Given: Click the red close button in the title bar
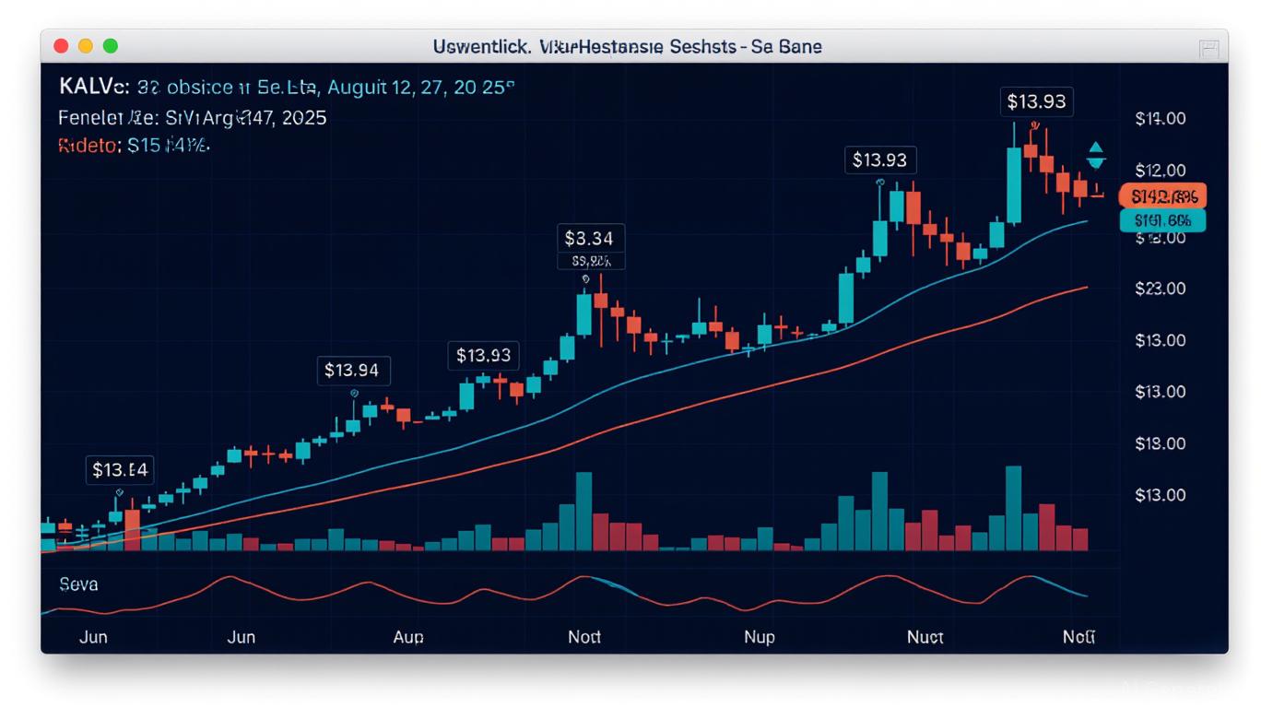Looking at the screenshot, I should point(62,46).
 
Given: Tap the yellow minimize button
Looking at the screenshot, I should point(86,46).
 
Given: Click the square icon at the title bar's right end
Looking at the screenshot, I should point(1208,48).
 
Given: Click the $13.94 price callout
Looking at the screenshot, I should point(352,371).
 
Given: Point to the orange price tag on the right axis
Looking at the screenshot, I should point(1162,195).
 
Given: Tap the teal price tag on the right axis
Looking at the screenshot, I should point(1162,220).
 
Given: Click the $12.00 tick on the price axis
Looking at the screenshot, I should point(1160,171).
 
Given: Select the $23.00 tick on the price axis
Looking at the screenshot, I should point(1160,289).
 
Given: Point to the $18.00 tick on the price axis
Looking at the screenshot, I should point(1160,443).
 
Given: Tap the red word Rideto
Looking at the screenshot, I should point(88,146).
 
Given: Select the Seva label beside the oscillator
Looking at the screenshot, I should point(78,584).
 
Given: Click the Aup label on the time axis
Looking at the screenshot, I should point(408,637).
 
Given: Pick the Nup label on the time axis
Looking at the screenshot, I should point(759,637).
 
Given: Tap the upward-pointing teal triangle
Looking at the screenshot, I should point(1096,147).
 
